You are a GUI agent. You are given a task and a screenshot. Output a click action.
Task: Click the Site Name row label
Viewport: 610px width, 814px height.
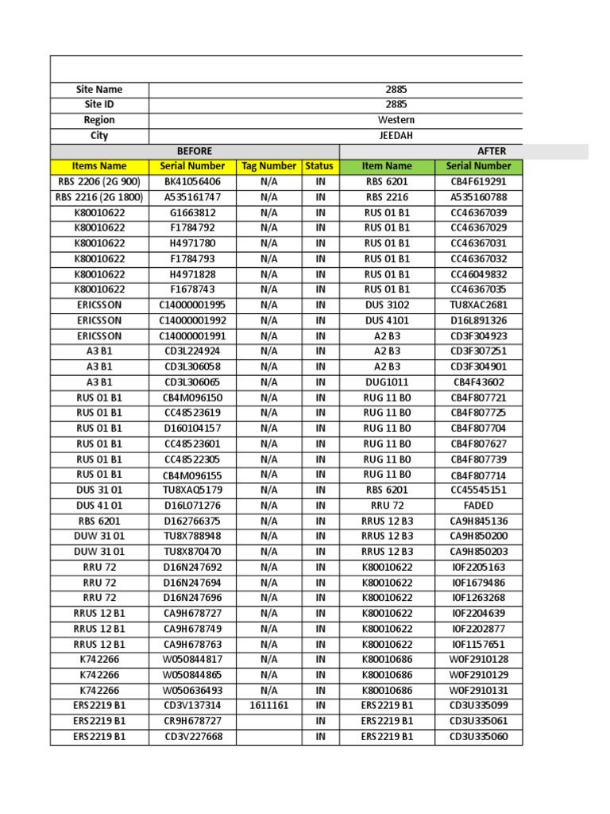coord(99,90)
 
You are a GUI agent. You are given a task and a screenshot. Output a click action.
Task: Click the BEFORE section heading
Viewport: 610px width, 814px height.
coord(195,151)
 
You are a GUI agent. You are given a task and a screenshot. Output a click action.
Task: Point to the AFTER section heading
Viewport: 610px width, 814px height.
coord(491,151)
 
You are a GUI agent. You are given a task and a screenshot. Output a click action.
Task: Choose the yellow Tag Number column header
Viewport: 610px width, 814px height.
coord(268,166)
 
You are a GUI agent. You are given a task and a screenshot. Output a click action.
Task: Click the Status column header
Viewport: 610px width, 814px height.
coord(319,166)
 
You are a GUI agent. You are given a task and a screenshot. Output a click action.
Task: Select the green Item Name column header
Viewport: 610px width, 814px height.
coord(387,166)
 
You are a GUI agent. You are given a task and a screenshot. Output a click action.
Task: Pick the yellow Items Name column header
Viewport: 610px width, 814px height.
coord(99,166)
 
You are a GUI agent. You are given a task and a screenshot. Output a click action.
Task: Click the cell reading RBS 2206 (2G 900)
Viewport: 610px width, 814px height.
coord(99,181)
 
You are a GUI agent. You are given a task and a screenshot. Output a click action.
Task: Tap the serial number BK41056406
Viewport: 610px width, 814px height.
coord(192,181)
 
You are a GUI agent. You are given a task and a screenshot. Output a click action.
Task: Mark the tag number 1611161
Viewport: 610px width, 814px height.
coord(268,705)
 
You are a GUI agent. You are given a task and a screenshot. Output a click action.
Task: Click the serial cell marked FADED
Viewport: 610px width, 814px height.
coord(479,505)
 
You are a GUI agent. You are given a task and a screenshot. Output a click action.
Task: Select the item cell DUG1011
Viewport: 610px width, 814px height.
coord(387,382)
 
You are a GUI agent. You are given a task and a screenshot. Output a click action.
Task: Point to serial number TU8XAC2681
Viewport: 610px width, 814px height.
coord(479,305)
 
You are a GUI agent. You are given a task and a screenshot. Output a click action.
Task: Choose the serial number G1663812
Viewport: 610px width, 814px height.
coord(192,212)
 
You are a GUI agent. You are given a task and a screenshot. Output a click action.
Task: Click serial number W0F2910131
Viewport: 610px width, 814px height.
coord(479,690)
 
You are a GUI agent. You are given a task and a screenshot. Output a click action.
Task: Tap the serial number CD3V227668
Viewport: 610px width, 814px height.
coord(192,736)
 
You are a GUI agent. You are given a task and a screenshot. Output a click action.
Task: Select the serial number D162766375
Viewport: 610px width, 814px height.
coord(192,521)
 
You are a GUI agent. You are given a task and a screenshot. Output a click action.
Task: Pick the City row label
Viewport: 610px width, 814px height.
coord(99,135)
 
